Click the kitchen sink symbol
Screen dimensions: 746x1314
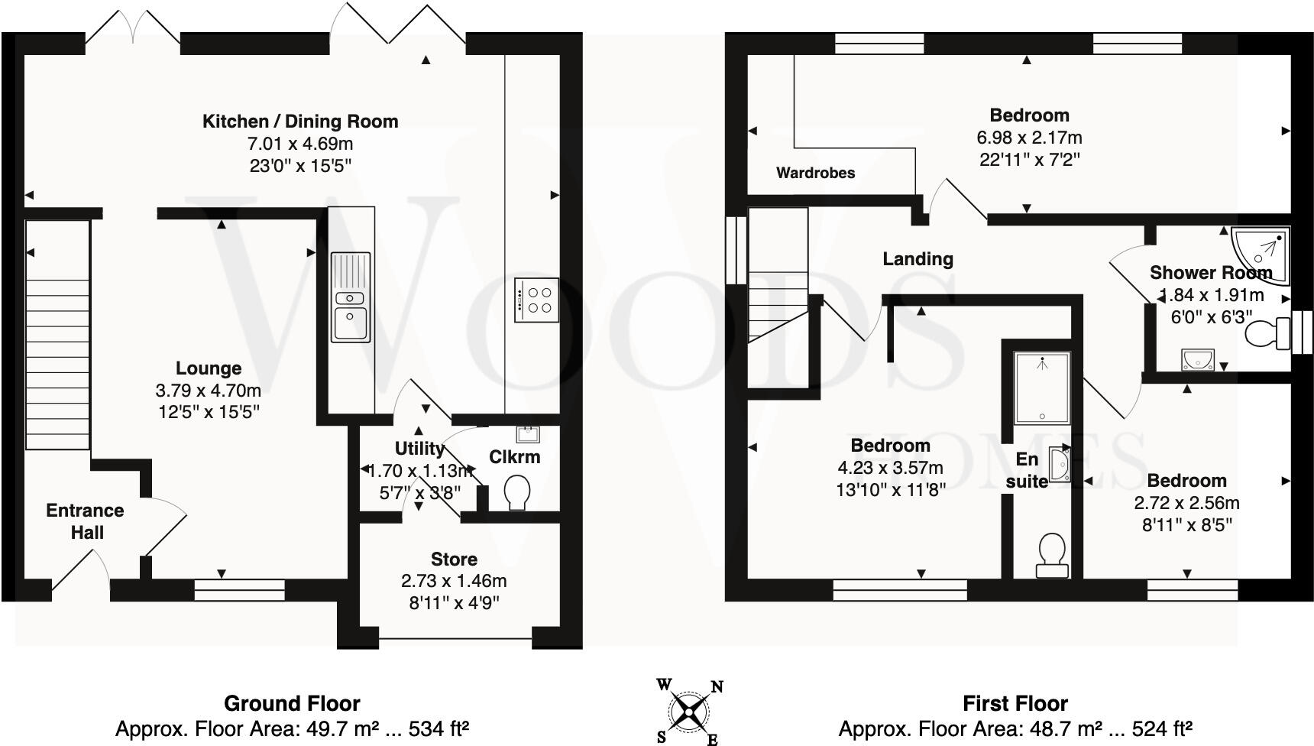(x=351, y=297)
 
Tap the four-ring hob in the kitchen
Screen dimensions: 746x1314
(x=536, y=300)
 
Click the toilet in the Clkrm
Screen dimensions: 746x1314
(x=519, y=492)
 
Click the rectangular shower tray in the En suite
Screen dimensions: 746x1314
(x=1042, y=388)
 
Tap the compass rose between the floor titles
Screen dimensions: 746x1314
(x=689, y=712)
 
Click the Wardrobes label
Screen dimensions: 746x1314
(x=815, y=173)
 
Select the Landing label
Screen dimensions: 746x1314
(x=918, y=259)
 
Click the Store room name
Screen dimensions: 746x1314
(x=454, y=559)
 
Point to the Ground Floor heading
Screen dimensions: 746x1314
(x=292, y=703)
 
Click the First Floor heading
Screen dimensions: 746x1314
(x=1015, y=703)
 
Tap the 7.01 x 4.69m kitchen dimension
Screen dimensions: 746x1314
(x=299, y=144)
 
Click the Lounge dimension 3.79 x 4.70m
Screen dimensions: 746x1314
(x=208, y=391)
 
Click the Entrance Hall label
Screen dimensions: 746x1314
(x=85, y=521)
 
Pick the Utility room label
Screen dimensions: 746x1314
(x=419, y=449)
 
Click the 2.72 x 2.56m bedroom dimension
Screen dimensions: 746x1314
(x=1186, y=503)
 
